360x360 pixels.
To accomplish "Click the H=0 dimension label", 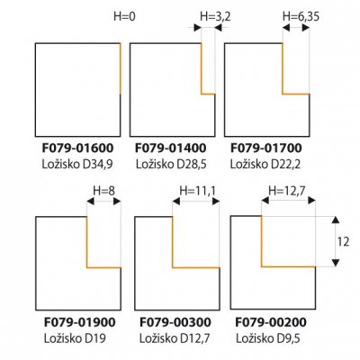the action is click(x=124, y=16).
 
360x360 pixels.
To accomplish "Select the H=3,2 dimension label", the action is click(x=215, y=17).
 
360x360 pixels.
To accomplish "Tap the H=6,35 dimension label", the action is click(x=301, y=17).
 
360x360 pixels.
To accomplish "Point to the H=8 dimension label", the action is click(x=103, y=191).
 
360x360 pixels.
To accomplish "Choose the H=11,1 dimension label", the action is click(x=197, y=191).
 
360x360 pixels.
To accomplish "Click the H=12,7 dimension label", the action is click(x=286, y=191).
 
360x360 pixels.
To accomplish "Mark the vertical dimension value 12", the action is click(x=343, y=241).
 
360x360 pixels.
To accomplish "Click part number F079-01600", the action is click(x=77, y=148).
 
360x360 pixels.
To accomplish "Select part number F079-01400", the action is click(x=171, y=148).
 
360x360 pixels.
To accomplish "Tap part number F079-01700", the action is click(x=266, y=148).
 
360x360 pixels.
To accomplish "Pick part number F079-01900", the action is click(x=80, y=322).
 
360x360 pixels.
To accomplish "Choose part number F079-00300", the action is click(x=175, y=322).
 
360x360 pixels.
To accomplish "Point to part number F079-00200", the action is click(x=271, y=322).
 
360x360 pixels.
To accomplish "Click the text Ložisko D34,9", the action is click(x=77, y=164).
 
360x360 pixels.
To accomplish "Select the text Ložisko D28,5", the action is click(x=171, y=164).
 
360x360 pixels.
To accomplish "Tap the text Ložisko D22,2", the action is click(x=265, y=164).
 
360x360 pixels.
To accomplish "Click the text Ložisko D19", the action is click(x=75, y=338).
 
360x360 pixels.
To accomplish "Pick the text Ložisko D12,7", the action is click(x=175, y=338).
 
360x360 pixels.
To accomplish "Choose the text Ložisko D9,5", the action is click(x=268, y=338).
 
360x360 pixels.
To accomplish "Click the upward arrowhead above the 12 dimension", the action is click(x=336, y=220).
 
